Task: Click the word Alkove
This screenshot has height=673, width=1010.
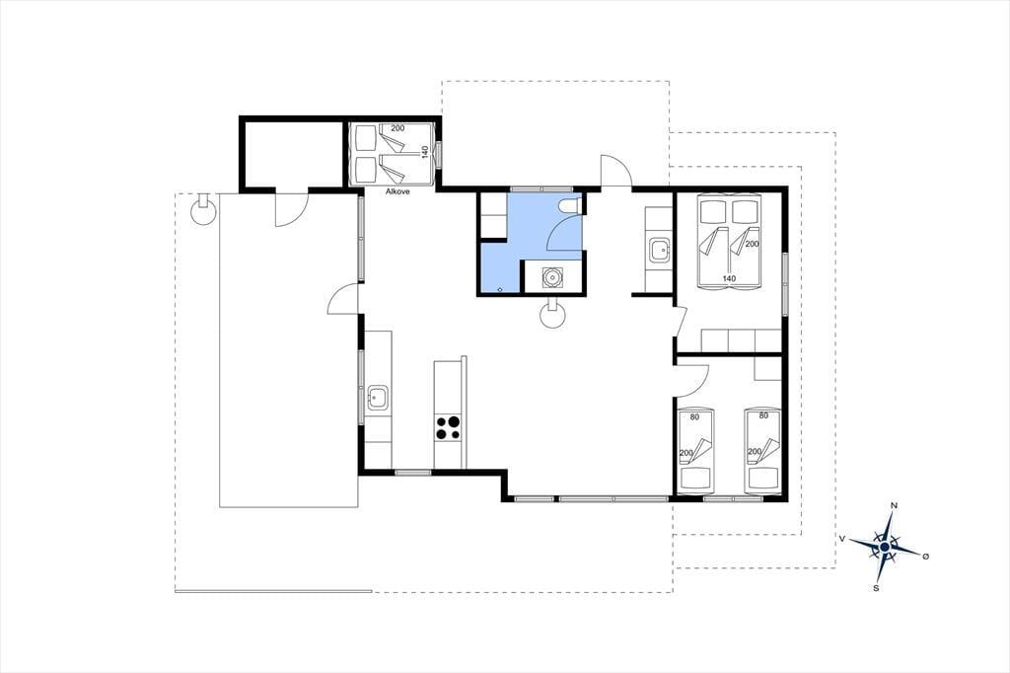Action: [397, 191]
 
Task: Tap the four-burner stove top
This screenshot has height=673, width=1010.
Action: [449, 427]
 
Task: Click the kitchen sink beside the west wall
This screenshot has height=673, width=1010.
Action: [378, 398]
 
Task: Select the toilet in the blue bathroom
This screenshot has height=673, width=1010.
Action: [570, 205]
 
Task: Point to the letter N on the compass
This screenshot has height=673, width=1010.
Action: [894, 505]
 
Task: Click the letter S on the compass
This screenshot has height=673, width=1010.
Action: [876, 588]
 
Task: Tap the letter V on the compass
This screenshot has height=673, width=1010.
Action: [842, 538]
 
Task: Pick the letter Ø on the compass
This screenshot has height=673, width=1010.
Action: [925, 556]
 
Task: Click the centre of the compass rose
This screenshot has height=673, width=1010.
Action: [885, 547]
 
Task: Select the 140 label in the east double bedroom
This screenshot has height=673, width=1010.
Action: [729, 278]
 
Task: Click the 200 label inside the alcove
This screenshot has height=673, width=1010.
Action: [397, 128]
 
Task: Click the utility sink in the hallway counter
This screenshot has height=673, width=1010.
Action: [660, 250]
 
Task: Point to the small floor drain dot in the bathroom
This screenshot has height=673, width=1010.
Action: [500, 289]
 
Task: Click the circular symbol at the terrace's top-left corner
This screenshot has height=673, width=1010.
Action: [203, 208]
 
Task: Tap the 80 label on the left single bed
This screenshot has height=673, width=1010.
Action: [694, 417]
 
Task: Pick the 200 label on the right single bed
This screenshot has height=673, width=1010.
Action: [755, 452]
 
